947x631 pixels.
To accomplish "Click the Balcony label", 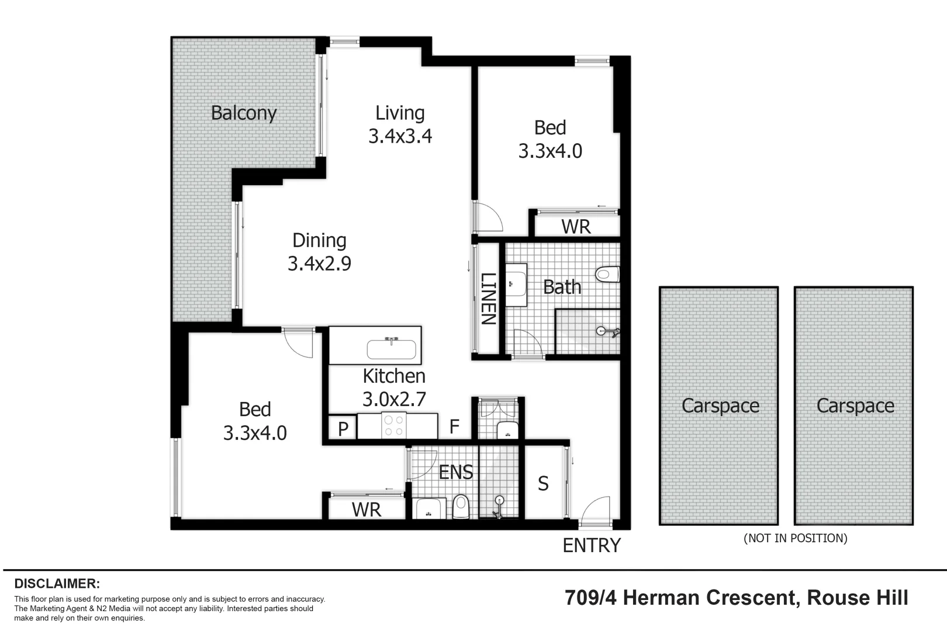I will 243,113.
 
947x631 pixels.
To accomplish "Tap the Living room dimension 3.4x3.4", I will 400,136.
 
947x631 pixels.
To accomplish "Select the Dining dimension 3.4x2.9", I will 319,264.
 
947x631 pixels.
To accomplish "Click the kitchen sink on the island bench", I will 391,349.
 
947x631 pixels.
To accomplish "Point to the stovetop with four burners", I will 393,425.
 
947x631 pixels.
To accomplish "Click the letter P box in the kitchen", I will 343,428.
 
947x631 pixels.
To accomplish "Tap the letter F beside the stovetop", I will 454,427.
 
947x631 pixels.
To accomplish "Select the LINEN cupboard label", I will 488,299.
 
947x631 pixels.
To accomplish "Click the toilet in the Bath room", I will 607,273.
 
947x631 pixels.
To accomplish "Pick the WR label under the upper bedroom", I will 576,227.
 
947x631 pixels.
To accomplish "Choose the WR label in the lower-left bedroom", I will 367,509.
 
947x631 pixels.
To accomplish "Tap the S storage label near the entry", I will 543,483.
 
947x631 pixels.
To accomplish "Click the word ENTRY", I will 591,545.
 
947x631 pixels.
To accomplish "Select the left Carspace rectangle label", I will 720,405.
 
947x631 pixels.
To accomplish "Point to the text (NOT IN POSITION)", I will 795,538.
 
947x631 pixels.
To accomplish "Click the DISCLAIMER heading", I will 57,583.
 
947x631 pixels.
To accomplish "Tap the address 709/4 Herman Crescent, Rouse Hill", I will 737,598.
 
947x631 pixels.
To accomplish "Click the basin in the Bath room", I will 515,285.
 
